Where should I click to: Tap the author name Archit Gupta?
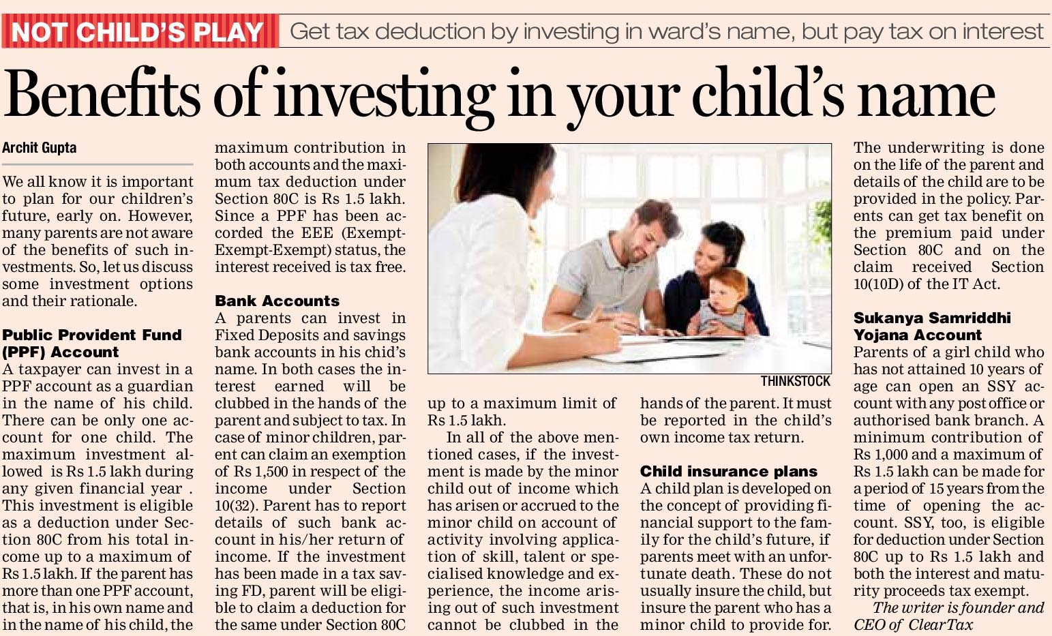pyautogui.click(x=40, y=148)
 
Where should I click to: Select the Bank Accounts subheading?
pyautogui.click(x=277, y=301)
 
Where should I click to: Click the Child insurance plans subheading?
pyautogui.click(x=728, y=472)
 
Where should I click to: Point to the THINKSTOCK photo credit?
pyautogui.click(x=796, y=382)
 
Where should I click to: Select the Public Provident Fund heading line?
pyautogui.click(x=92, y=335)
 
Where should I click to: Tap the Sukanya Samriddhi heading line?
pyautogui.click(x=932, y=318)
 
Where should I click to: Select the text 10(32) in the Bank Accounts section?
pyautogui.click(x=236, y=506)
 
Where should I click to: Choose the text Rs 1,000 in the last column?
pyautogui.click(x=880, y=455)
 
